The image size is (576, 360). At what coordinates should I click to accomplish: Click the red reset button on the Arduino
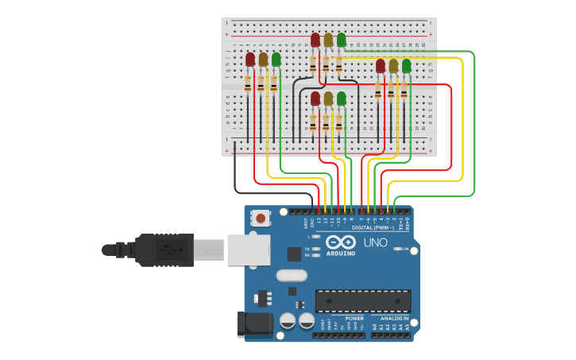click(261, 217)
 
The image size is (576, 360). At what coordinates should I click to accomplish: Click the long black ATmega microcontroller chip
click(363, 301)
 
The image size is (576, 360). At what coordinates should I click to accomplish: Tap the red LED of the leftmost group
click(250, 60)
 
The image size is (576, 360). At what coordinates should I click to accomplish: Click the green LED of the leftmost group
click(276, 60)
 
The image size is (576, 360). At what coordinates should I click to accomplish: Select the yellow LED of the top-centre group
click(328, 40)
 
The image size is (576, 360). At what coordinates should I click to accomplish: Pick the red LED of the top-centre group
click(315, 40)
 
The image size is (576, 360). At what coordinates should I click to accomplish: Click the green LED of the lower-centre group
click(341, 99)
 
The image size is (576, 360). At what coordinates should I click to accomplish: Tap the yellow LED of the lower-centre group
click(328, 99)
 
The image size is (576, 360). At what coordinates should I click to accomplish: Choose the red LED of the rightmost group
click(381, 66)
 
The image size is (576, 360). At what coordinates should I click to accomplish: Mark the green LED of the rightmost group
click(406, 66)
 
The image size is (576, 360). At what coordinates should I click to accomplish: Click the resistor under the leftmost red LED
click(249, 83)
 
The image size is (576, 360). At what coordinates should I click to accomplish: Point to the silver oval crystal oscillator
click(292, 276)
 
